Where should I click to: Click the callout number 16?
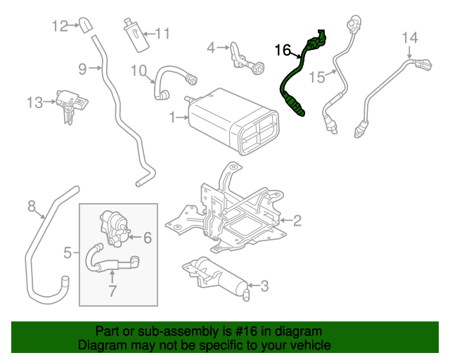[x=282, y=50]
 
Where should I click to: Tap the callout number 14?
[x=410, y=37]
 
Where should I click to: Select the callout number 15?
[x=317, y=76]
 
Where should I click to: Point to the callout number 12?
[x=59, y=26]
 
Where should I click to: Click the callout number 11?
[x=162, y=33]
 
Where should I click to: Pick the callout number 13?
[x=35, y=103]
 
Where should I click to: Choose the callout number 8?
[x=31, y=206]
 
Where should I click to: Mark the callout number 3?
[x=264, y=285]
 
